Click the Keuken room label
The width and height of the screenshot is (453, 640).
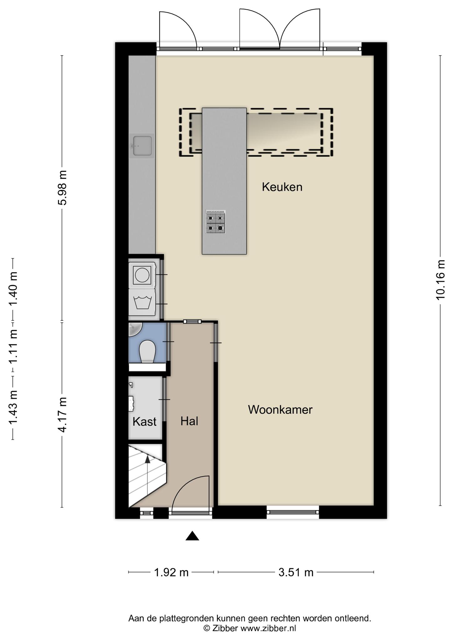[282, 187]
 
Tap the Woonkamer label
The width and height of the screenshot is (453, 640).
[280, 410]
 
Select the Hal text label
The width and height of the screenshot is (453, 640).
[189, 421]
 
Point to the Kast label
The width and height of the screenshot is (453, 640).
[144, 422]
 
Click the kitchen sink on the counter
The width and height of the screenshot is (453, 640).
[142, 146]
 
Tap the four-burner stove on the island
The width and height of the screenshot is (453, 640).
[216, 222]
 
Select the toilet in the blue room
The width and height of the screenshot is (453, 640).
[147, 352]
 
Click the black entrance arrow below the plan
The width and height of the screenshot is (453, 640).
[192, 536]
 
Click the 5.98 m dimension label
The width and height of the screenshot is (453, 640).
[63, 188]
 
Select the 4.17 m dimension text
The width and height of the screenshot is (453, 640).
[63, 415]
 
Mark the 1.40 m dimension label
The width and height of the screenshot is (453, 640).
[13, 290]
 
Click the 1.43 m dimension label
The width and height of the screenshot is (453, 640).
[13, 408]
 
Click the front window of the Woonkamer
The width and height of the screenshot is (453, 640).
[293, 512]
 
